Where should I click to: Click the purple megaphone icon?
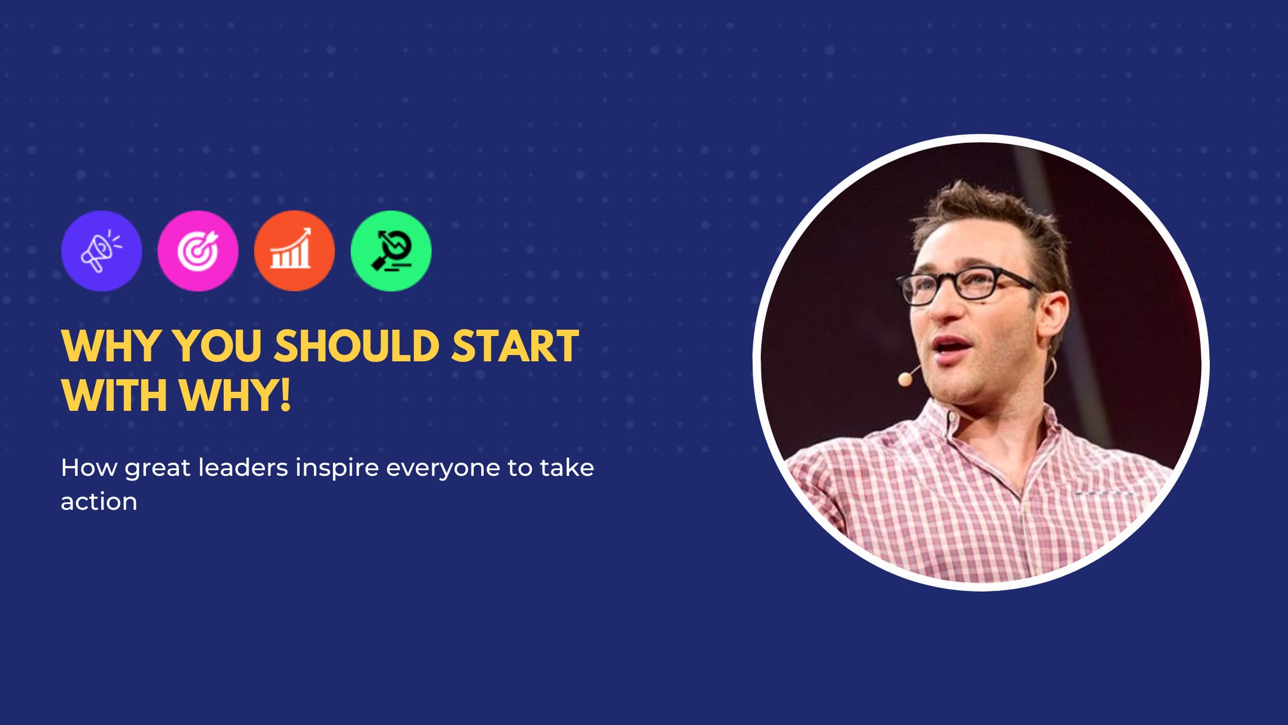point(101,251)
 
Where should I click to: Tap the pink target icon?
point(198,251)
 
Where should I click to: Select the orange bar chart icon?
point(294,251)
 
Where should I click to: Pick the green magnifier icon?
point(391,251)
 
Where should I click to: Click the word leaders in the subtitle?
point(243,468)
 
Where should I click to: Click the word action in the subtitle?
point(99,502)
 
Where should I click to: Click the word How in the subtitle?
point(89,468)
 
